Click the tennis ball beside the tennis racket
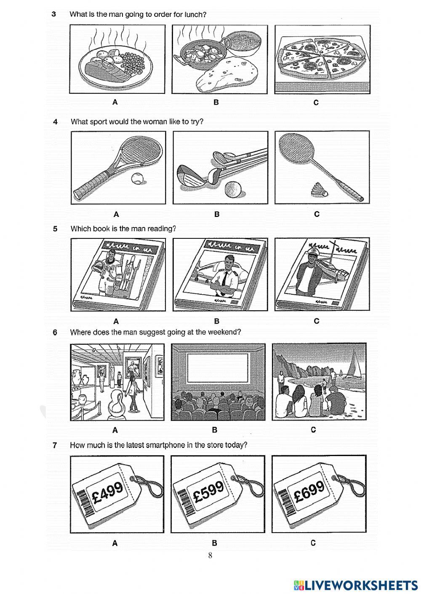(137, 180)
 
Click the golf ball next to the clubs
(233, 189)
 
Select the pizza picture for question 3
(322, 59)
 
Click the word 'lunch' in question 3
(195, 14)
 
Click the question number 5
(55, 229)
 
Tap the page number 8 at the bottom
(210, 555)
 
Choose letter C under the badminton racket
(317, 214)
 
